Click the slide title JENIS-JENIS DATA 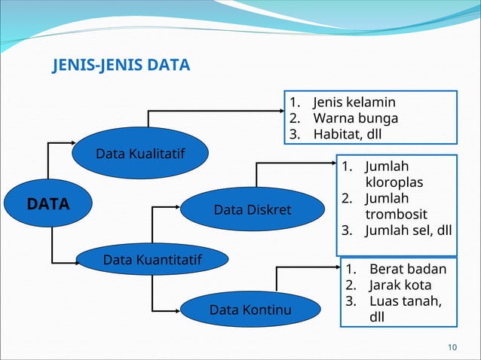(x=121, y=67)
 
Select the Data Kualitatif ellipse (x=140, y=154)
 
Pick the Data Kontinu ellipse (x=250, y=310)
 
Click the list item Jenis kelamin (x=354, y=102)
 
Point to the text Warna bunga (x=355, y=118)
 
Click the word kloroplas (x=394, y=182)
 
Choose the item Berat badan (x=407, y=269)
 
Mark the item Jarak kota (x=400, y=285)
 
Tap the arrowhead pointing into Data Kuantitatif (x=75, y=262)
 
